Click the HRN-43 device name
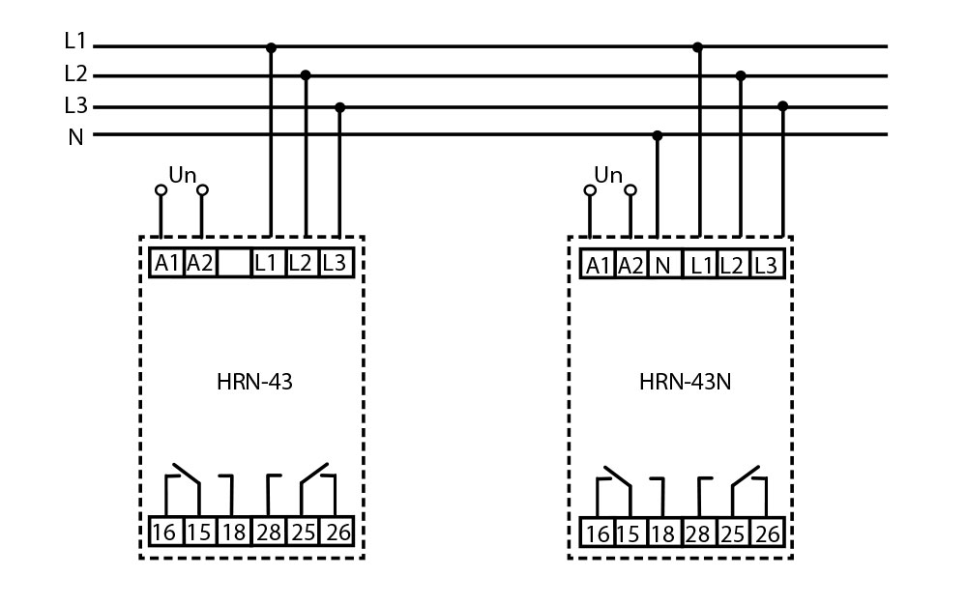point(254,382)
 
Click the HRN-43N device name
point(685,382)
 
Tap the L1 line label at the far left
point(75,42)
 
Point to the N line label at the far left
point(75,137)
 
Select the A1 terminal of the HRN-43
point(168,262)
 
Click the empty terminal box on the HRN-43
point(233,262)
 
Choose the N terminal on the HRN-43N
point(662,265)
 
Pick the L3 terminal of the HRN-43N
point(764,265)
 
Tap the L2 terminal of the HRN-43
point(301,262)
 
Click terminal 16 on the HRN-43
point(165,531)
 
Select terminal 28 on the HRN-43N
point(696,533)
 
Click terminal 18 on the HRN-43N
point(662,533)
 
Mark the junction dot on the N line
point(658,135)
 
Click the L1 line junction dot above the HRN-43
point(271,46)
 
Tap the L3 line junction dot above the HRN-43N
point(782,105)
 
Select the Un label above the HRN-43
point(182,175)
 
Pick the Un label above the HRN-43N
point(608,175)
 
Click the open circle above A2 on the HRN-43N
point(630,190)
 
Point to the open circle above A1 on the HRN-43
point(161,190)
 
